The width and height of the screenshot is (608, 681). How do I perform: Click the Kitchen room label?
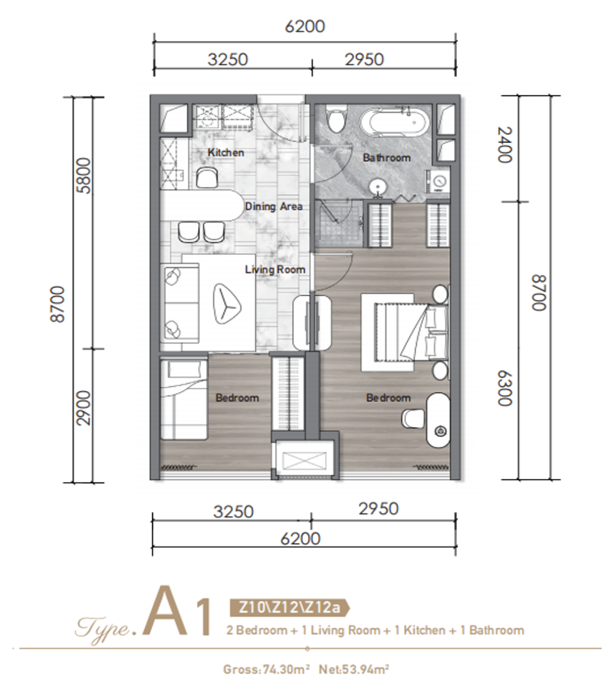click(226, 153)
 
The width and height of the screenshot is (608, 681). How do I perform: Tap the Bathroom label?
click(387, 157)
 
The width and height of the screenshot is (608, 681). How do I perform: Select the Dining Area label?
click(274, 206)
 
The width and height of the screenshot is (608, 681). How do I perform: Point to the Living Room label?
click(275, 270)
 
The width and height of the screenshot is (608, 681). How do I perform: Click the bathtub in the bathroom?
click(395, 123)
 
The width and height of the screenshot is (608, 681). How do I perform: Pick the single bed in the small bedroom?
click(184, 399)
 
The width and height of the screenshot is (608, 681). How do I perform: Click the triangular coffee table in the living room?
click(226, 303)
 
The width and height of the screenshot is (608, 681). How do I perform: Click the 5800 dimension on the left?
click(84, 175)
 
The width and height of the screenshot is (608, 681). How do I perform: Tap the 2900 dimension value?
click(84, 408)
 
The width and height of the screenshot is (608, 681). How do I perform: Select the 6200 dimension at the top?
click(305, 26)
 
